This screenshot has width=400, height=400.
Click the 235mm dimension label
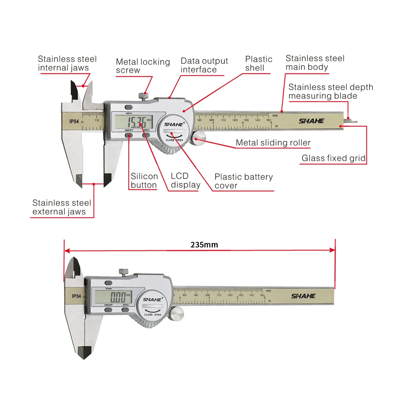[204, 245]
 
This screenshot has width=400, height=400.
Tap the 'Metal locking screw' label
[143, 66]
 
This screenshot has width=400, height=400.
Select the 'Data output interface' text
[204, 65]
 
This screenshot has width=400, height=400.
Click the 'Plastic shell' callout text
[258, 63]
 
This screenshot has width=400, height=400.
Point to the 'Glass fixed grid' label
[333, 158]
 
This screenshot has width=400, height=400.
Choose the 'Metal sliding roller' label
[273, 143]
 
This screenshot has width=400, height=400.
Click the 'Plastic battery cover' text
[243, 181]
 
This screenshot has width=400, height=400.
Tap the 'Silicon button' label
[144, 181]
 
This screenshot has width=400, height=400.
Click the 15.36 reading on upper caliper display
[137, 122]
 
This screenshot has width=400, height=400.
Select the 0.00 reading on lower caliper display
[118, 297]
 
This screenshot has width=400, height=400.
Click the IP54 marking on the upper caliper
[74, 122]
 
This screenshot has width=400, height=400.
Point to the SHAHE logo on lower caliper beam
[303, 296]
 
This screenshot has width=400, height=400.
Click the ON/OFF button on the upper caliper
[129, 135]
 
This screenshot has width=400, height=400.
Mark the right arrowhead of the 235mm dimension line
[333, 250]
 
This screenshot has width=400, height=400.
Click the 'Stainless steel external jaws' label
[62, 207]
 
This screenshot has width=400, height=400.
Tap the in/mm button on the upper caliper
[129, 107]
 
